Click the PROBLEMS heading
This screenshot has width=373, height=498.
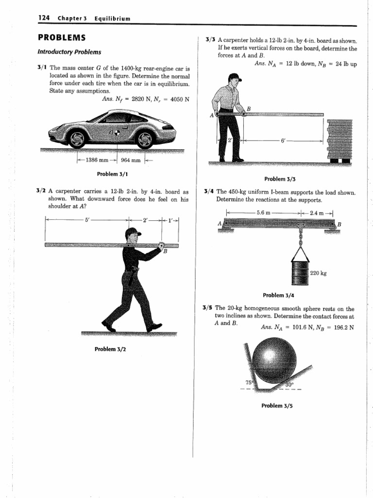coord(62,38)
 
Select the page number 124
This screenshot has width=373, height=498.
coord(45,18)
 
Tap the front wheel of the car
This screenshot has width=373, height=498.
coord(77,139)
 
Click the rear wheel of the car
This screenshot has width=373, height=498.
coord(144,139)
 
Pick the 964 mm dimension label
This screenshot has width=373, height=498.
coord(130,160)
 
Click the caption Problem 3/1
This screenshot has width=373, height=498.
coord(113,174)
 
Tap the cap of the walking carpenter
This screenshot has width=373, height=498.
coord(132,233)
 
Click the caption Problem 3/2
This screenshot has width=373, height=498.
coord(113,349)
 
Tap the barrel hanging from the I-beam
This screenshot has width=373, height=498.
coord(299,272)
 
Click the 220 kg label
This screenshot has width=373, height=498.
coord(318,273)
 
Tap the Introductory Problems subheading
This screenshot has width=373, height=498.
coord(69,52)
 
